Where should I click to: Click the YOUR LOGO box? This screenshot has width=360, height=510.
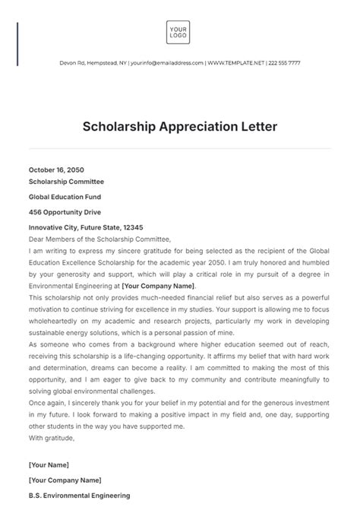pos(178,33)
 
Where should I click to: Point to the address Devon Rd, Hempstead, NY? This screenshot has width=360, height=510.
pos(93,63)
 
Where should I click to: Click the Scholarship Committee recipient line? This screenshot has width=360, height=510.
pos(66,182)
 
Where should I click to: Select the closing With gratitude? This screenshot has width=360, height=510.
pos(52,437)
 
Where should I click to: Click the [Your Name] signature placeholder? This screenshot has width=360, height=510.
pos(49,464)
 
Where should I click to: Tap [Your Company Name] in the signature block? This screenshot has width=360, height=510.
pos(65,480)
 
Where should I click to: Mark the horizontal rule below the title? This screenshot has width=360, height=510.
pos(179,148)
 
